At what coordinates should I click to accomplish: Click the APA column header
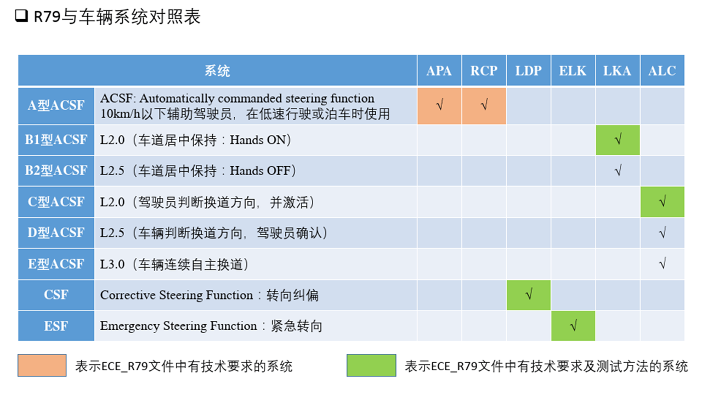tap(439, 71)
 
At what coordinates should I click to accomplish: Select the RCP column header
tap(484, 71)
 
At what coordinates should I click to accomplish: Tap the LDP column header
tap(529, 71)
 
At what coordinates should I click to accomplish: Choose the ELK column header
tap(573, 71)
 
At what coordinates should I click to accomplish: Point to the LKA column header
tap(618, 71)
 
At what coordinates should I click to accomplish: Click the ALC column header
tap(662, 71)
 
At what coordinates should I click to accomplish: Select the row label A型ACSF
tap(56, 105)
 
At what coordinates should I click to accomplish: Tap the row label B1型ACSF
tap(56, 140)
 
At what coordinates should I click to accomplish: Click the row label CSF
tap(56, 295)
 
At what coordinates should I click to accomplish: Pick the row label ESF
tap(56, 326)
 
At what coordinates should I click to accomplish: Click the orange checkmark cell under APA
tap(439, 105)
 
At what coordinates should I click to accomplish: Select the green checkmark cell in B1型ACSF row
tap(618, 140)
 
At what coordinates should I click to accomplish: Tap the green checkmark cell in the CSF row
tap(529, 295)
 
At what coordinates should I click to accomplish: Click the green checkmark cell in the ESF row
tap(573, 326)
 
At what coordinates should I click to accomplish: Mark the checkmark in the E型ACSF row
tap(662, 264)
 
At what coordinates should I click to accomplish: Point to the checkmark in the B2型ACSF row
tap(618, 171)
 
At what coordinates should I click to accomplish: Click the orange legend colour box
tap(42, 365)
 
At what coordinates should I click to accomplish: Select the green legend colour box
tap(371, 365)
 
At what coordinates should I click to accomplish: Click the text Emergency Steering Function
tap(178, 326)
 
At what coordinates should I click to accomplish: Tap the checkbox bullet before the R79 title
tap(21, 17)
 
